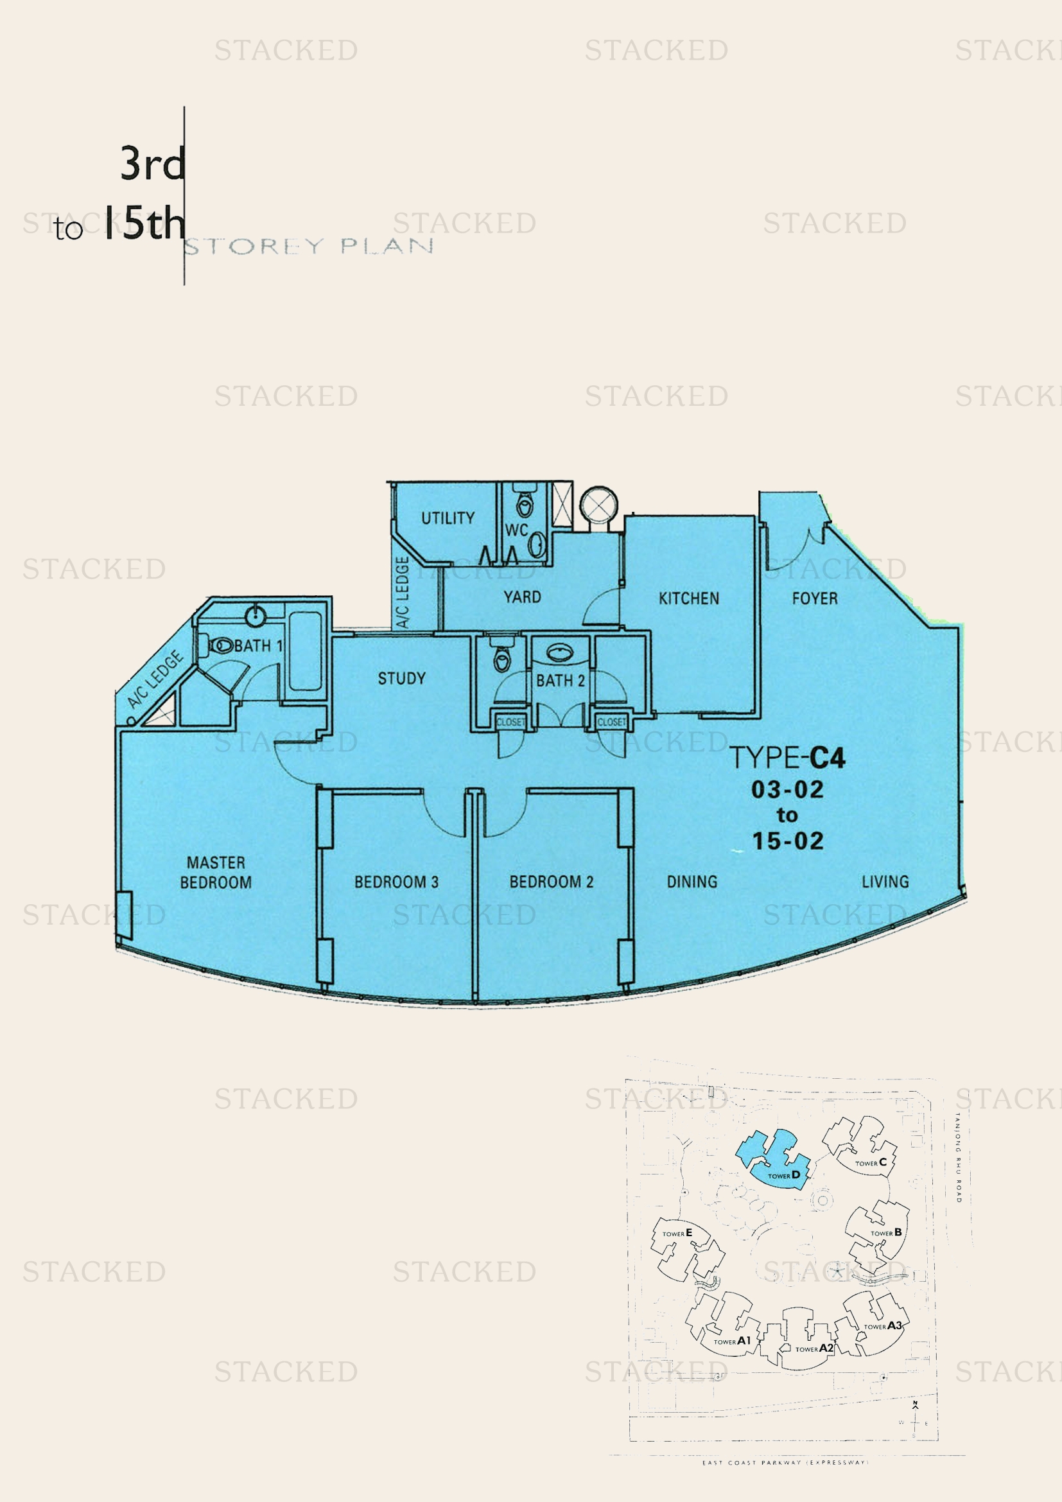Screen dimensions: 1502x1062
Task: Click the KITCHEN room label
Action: pos(688,598)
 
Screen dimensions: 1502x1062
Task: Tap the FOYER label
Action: pos(814,598)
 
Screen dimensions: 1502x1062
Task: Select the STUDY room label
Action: pos(401,678)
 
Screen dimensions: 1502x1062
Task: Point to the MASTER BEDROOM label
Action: pos(216,872)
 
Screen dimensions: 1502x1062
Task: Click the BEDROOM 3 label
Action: pos(396,882)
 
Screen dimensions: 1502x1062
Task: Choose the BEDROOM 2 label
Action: pos(552,882)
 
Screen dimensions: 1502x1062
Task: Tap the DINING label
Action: pos(692,882)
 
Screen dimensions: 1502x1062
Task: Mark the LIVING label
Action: pos(885,882)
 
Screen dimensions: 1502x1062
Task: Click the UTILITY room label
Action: pos(448,518)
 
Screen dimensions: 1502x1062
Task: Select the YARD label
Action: pos(522,597)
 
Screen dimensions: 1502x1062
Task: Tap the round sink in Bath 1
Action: pos(255,616)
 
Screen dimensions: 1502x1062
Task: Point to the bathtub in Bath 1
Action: pos(305,651)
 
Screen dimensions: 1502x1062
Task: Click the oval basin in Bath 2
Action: pos(560,652)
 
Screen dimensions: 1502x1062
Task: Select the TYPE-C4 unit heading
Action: pos(787,758)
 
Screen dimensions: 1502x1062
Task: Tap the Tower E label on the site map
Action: pos(677,1233)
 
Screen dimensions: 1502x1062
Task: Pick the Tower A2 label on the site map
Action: pos(814,1349)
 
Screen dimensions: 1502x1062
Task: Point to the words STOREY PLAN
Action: pos(309,247)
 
